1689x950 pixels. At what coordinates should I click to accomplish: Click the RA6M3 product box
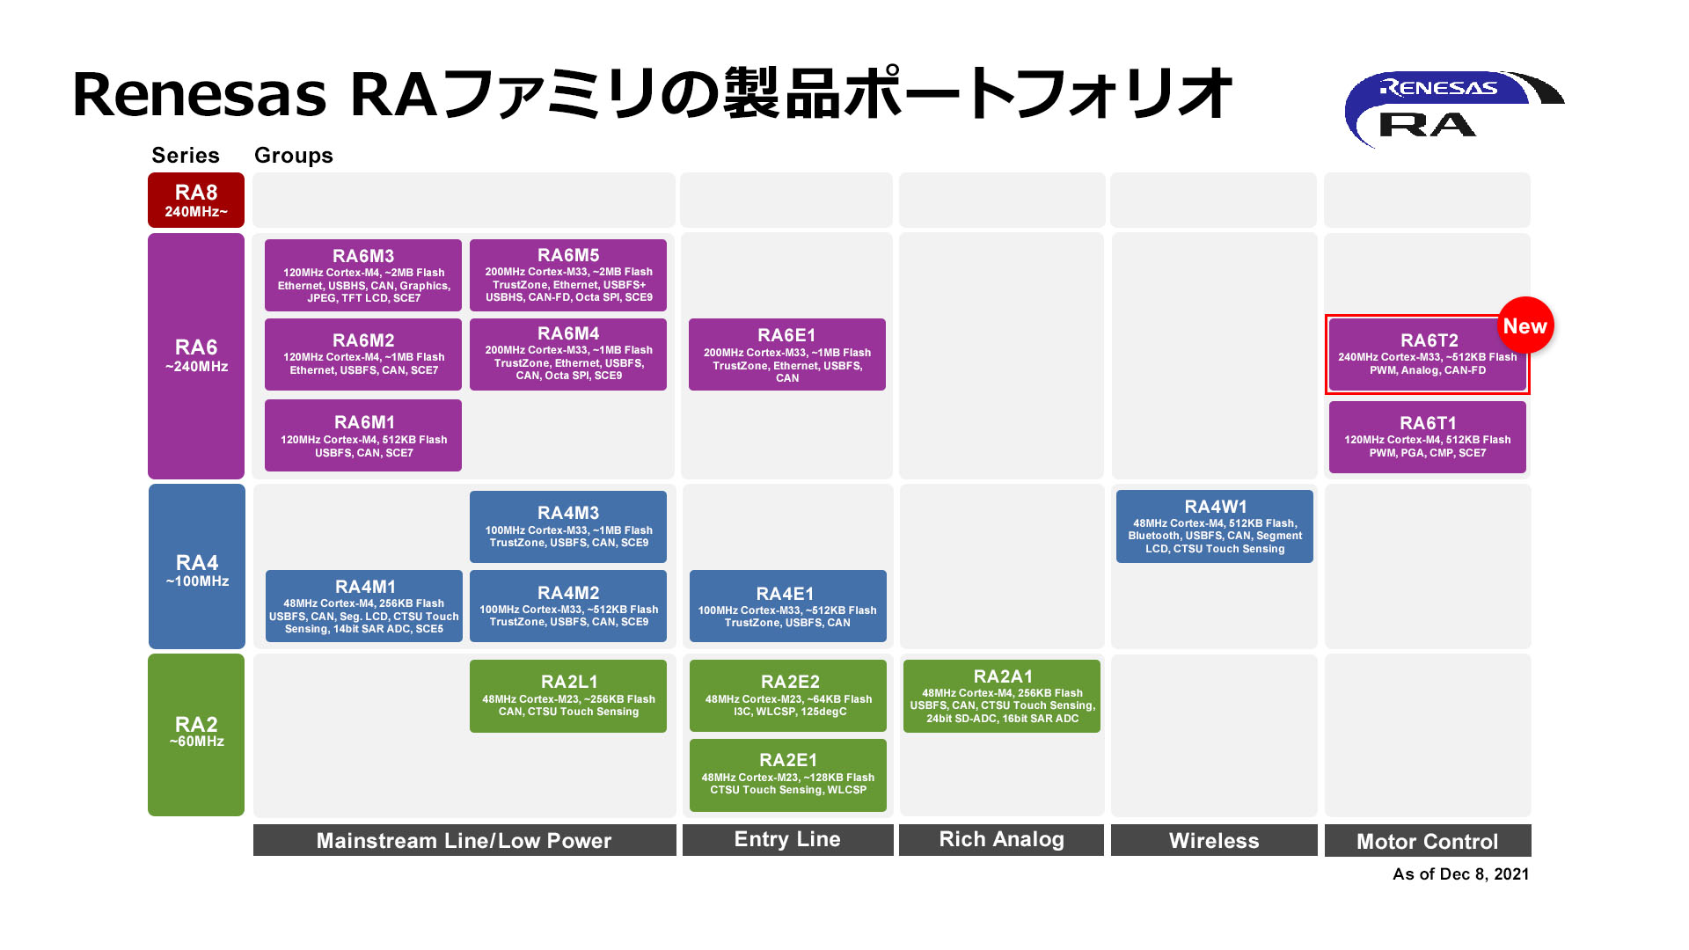(363, 275)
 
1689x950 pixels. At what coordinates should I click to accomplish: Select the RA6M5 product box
(568, 275)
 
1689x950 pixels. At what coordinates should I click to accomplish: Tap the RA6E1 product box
(787, 354)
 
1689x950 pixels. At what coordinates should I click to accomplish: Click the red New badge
(1525, 325)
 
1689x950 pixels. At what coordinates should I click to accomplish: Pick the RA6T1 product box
(1428, 437)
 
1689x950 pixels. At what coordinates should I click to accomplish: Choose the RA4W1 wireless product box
(1215, 527)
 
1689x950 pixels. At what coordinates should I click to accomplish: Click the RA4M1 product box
(364, 606)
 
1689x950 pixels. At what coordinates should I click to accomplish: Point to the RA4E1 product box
(788, 606)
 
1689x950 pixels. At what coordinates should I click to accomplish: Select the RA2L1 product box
(568, 696)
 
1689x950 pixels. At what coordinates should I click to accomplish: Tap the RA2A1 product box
(1002, 696)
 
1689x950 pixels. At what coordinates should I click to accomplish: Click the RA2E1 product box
(788, 775)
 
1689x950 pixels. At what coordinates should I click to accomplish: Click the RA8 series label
(196, 200)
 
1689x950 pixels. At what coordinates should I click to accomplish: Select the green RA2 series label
(196, 734)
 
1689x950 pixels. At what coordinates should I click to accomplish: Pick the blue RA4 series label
(197, 566)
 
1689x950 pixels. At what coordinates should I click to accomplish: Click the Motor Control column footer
(1428, 841)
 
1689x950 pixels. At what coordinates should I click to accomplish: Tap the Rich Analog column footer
(1002, 840)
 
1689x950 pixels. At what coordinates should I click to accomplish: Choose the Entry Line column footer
(788, 840)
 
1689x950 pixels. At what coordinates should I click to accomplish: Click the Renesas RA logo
(1453, 109)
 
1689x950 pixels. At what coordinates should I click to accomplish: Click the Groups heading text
(294, 156)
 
